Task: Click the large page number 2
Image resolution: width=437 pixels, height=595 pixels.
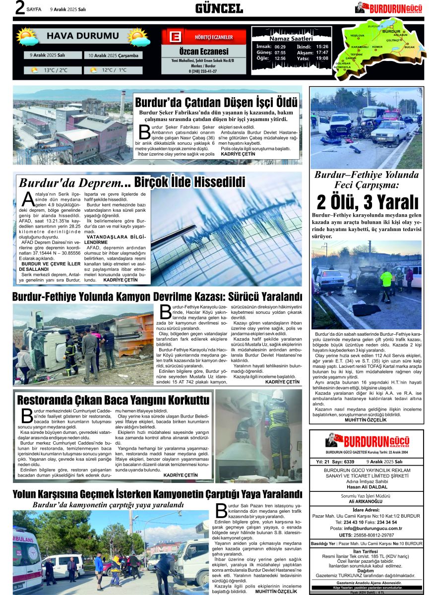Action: click(20, 8)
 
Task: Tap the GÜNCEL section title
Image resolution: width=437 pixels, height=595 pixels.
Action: click(219, 8)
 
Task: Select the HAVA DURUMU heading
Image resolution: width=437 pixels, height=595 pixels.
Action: click(83, 36)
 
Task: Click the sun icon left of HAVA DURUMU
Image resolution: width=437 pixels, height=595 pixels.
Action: click(27, 37)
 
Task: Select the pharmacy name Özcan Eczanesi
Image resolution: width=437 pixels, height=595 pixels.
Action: click(204, 52)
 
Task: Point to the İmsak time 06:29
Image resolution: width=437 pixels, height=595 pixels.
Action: click(280, 47)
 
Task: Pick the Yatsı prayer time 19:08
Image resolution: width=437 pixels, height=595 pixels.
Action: click(322, 59)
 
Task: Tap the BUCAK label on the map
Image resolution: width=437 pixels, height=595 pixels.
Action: click(409, 47)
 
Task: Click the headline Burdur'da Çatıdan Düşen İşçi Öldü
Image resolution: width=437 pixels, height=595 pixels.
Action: click(216, 103)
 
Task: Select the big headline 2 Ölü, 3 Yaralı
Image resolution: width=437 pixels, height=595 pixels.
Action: click(367, 202)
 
